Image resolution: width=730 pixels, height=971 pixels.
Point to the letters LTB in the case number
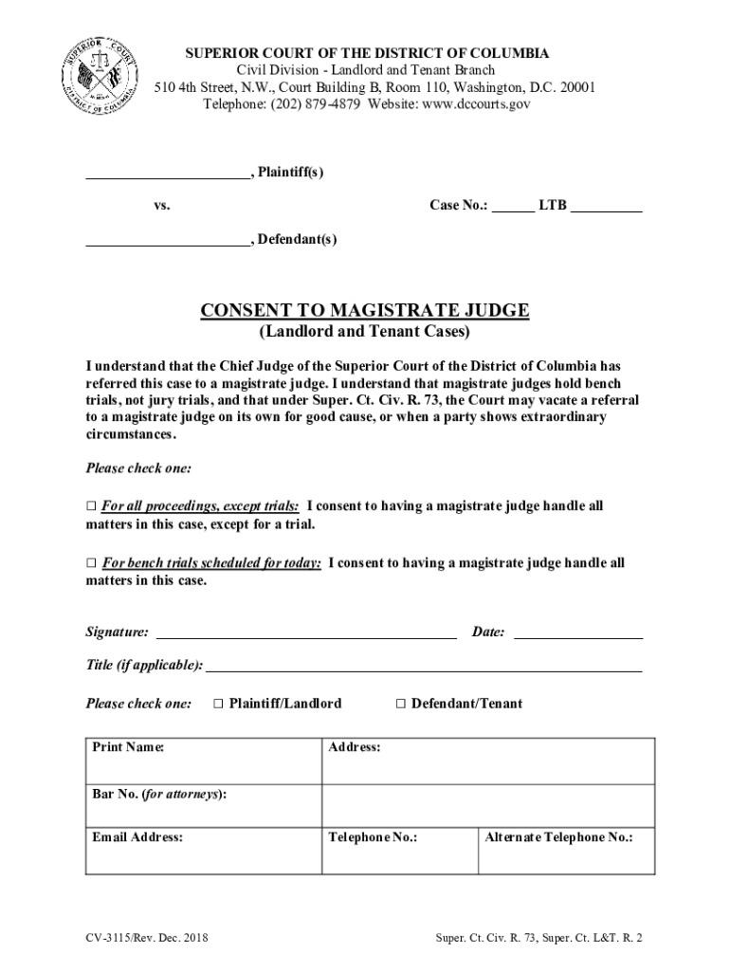click(x=553, y=205)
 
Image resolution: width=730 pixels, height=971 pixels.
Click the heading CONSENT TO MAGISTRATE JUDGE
click(x=364, y=311)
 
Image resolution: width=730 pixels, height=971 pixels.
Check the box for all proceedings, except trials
click(x=91, y=506)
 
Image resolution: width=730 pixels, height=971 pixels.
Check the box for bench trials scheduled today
click(x=91, y=563)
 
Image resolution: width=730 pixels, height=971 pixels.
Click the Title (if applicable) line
click(x=423, y=669)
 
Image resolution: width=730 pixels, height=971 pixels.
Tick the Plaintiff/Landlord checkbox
click(x=218, y=704)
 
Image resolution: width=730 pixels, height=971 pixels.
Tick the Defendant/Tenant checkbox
click(x=400, y=704)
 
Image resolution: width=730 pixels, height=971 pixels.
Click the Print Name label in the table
click(x=128, y=748)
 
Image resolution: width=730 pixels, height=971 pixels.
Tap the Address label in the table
click(x=355, y=748)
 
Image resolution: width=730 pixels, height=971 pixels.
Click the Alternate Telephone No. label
click(x=559, y=838)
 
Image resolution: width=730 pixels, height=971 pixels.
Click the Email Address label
click(x=137, y=838)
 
